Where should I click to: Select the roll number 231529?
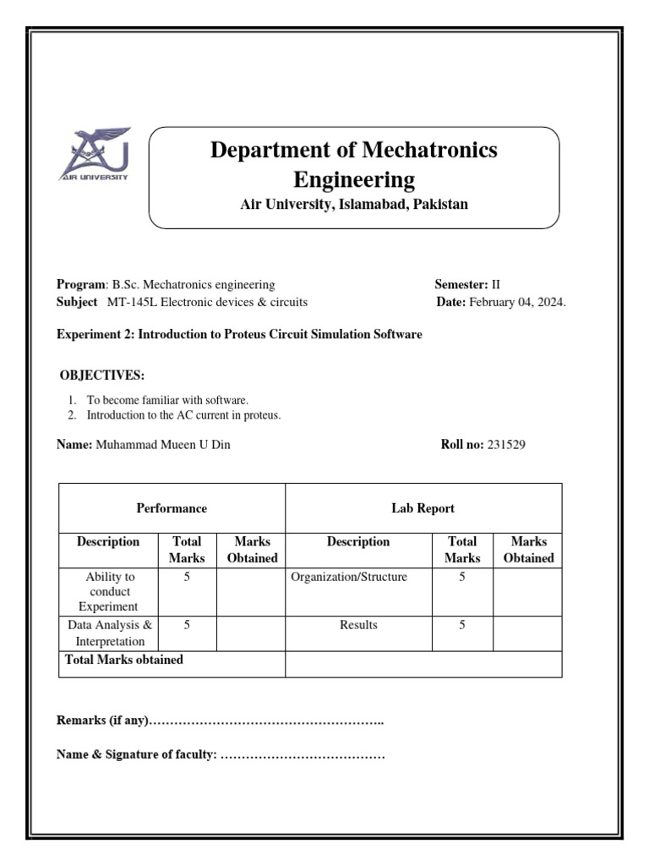click(506, 445)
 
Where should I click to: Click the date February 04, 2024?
click(517, 302)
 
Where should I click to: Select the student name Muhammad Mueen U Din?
click(161, 445)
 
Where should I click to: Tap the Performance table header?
click(172, 508)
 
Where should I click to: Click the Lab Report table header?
click(423, 508)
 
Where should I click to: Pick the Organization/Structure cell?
click(349, 578)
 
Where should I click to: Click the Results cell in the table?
click(358, 625)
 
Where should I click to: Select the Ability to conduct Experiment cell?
click(110, 591)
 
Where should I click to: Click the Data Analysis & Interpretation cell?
click(110, 633)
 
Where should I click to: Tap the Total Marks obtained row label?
click(124, 660)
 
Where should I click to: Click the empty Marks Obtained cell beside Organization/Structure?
click(527, 592)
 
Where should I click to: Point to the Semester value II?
click(496, 285)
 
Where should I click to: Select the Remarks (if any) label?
click(102, 721)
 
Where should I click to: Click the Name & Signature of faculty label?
click(136, 754)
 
